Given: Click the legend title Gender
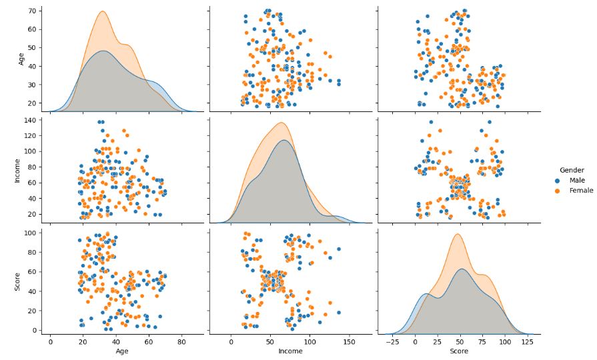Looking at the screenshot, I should pyautogui.click(x=572, y=170).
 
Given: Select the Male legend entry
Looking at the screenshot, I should pyautogui.click(x=577, y=181).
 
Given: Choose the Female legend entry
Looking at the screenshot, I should pyautogui.click(x=580, y=191).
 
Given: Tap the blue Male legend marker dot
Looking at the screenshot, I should pyautogui.click(x=558, y=181).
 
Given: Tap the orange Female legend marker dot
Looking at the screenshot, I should pyautogui.click(x=558, y=191).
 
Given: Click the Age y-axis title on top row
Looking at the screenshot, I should pyautogui.click(x=21, y=59).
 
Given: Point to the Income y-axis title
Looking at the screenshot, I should pyautogui.click(x=18, y=171).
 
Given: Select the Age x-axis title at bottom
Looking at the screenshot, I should pyautogui.click(x=122, y=351).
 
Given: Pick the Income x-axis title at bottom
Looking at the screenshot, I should pyautogui.click(x=290, y=351).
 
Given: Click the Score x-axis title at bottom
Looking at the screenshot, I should pyautogui.click(x=458, y=351).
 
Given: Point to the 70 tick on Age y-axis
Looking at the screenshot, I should pyautogui.click(x=32, y=11).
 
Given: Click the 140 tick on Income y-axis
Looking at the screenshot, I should pyautogui.click(x=30, y=120).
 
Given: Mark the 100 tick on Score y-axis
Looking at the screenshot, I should pyautogui.click(x=30, y=232).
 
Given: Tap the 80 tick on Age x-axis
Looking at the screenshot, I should pyautogui.click(x=181, y=341).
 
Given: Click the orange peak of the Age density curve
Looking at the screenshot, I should pyautogui.click(x=102, y=11).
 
